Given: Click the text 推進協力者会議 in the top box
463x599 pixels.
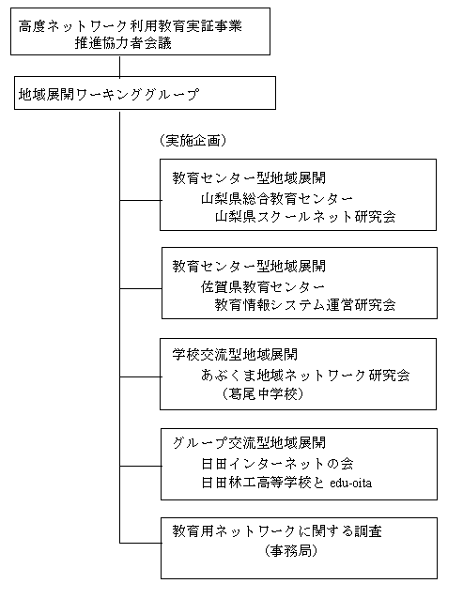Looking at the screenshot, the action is pos(123,43).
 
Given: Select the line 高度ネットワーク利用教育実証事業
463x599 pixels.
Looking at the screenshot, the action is pos(131,26).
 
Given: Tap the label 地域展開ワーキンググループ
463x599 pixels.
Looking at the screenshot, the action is pos(109,95).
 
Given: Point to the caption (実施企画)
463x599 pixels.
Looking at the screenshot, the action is pos(193,141).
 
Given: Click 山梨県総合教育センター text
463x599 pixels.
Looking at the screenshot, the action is pos(277,199).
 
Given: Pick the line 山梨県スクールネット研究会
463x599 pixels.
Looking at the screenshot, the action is pos(305,217).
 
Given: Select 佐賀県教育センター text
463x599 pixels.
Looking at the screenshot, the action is pos(263,287).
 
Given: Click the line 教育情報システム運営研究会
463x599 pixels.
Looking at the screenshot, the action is pos(305,305).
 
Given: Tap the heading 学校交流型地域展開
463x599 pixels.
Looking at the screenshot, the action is pos(235,355).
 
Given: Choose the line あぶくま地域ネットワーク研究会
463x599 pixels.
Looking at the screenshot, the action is pos(305,376).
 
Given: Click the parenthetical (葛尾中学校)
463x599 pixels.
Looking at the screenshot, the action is pos(263,393).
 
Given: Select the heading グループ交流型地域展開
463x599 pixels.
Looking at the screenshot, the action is pos(249,443).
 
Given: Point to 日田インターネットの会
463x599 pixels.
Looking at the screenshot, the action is pos(277,464).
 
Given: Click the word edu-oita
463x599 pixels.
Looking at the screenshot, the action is pos(350,484).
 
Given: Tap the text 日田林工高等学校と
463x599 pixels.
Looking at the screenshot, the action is pos(263,483).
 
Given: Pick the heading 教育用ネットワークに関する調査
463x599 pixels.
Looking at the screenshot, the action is pos(277,531).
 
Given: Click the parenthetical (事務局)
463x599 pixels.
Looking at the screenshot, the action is pos(291,551).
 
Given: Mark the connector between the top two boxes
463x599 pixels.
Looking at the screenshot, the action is pos(119,66).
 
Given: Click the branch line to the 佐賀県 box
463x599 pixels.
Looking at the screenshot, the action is pos(141,288).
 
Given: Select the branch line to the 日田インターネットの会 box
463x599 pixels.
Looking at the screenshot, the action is pos(141,466).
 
